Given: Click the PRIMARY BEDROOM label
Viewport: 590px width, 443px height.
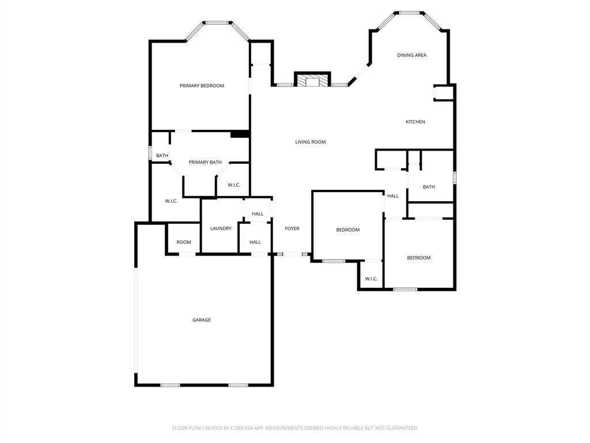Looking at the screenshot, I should pos(202,86).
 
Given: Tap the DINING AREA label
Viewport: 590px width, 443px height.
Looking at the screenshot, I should pos(411,55).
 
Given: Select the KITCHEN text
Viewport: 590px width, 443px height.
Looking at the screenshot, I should pos(415,122).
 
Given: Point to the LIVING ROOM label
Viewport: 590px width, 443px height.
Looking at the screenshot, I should pos(311,142).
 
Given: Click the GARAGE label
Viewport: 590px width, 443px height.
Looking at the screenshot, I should pos(202,320).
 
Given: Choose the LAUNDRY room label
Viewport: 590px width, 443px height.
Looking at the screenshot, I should pos(221,228).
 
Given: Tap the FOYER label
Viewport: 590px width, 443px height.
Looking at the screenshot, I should pos(292,229).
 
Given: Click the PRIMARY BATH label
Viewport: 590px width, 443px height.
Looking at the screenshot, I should pos(205,163).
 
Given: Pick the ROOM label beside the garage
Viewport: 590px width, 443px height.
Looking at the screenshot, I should pos(184,242).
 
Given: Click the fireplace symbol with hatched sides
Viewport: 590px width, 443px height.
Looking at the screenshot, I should pos(312,80).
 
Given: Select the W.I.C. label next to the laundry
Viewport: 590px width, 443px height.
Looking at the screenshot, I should pos(234,185).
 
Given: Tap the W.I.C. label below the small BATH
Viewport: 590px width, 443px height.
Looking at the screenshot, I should pos(171,201).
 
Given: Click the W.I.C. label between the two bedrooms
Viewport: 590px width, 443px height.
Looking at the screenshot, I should pos(371,279).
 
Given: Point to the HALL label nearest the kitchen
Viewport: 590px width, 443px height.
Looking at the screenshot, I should pos(393,196).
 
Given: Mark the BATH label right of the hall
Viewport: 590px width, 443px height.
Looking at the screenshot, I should pos(429,187).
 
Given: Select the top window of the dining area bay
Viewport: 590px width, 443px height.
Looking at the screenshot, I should pos(409,12).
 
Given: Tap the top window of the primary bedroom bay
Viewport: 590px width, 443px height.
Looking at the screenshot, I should pos(217,23).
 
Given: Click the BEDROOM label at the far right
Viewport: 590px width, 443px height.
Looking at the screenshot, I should pos(419,258).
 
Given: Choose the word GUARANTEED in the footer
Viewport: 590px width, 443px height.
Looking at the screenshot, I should pos(402,428).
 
